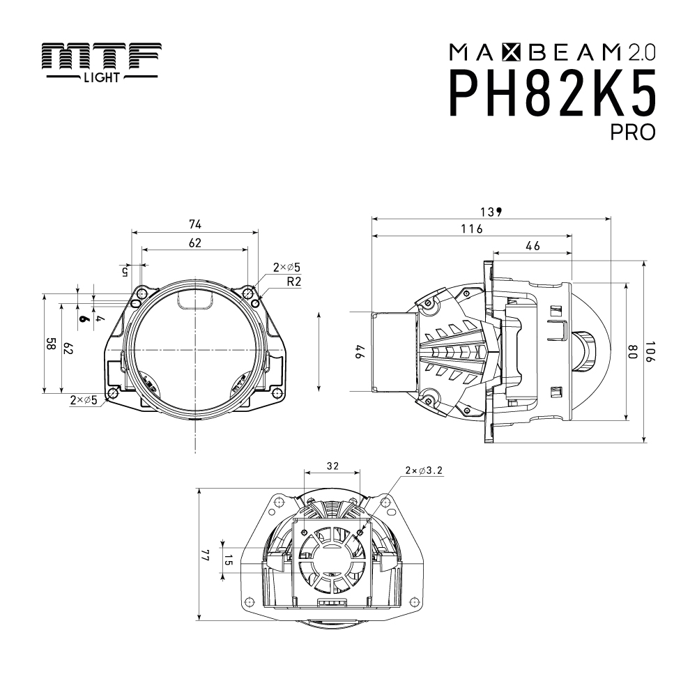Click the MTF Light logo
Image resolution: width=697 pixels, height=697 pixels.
(x=100, y=62)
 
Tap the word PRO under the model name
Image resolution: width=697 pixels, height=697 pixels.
(x=633, y=132)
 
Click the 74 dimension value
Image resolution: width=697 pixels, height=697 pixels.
(x=194, y=224)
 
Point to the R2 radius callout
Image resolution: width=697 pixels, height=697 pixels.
(x=293, y=282)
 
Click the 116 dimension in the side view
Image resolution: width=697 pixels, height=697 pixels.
(x=472, y=229)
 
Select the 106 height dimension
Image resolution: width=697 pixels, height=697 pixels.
(x=650, y=353)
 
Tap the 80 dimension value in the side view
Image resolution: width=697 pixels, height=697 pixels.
(x=633, y=353)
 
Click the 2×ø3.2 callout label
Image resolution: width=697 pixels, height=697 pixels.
(x=423, y=470)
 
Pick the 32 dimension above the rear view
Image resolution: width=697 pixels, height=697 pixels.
(x=332, y=464)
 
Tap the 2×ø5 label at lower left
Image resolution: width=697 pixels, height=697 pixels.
(x=84, y=400)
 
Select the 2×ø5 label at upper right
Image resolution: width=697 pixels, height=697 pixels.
(x=286, y=267)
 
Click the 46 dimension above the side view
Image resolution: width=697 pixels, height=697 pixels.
(x=533, y=245)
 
